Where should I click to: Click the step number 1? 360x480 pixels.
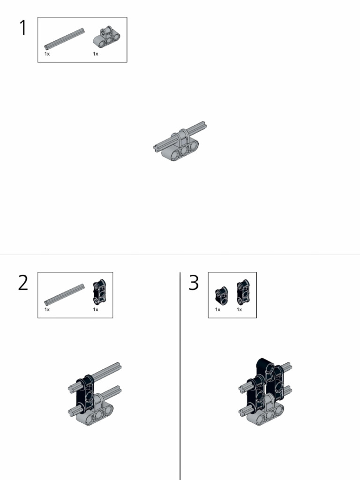point(22,28)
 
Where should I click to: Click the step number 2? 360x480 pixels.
point(23,283)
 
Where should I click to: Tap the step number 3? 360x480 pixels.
point(194,283)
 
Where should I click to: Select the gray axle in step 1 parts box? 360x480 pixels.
point(65,38)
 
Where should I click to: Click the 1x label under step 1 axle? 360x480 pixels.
point(47,54)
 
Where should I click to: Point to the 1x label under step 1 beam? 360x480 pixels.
point(96,54)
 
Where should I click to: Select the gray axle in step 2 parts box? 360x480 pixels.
point(65,293)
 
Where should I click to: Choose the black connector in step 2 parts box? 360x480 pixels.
point(99,292)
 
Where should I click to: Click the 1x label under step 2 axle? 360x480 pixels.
point(47,309)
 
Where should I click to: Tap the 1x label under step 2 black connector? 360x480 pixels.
point(96,309)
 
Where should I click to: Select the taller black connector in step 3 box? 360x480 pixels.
point(242,292)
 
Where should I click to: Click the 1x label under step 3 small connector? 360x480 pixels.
point(218,309)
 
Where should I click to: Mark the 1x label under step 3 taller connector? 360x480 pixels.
point(239,309)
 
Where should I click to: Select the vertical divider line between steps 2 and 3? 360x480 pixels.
point(180,375)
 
